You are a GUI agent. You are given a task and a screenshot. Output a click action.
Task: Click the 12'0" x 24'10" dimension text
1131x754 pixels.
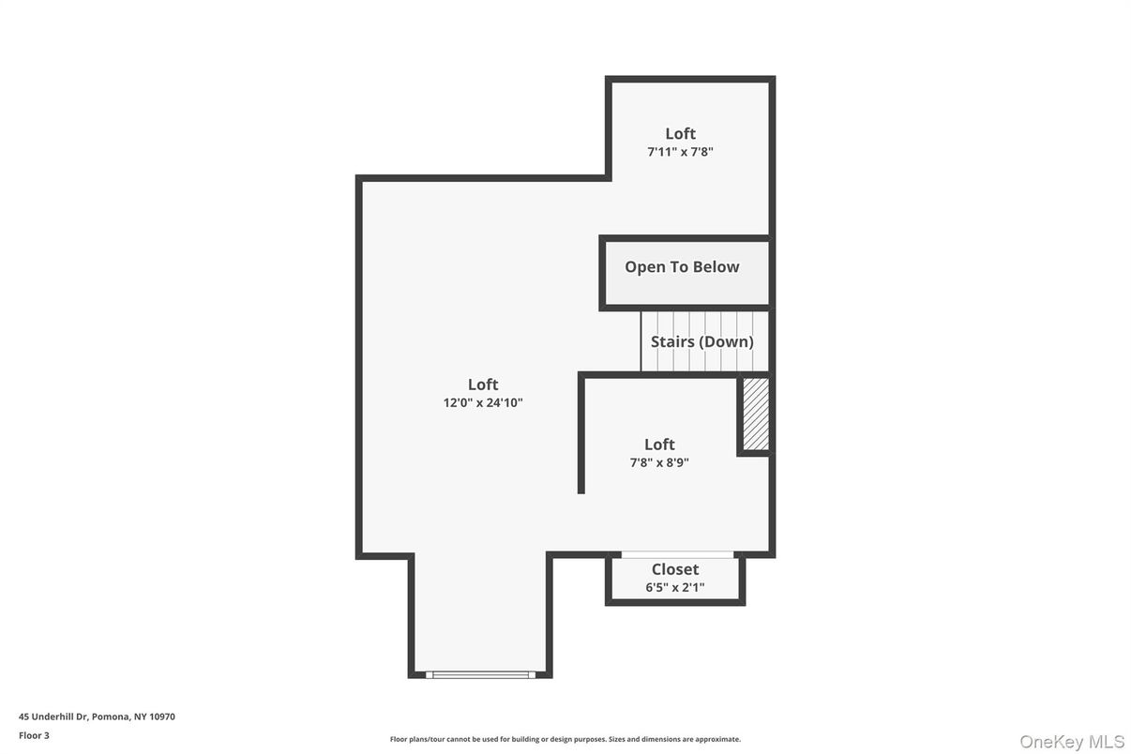click(483, 402)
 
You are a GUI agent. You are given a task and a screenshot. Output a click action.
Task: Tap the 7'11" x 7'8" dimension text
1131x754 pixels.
click(680, 152)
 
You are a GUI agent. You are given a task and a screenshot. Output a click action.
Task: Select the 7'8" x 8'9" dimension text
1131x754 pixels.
click(659, 462)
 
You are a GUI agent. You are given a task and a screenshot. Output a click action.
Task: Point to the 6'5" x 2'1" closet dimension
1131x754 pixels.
click(675, 587)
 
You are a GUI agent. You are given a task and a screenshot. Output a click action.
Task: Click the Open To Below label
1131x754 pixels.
click(682, 266)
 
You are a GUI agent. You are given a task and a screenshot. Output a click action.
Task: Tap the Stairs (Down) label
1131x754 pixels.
click(701, 342)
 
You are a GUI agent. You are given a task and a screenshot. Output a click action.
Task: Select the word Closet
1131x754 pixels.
click(675, 569)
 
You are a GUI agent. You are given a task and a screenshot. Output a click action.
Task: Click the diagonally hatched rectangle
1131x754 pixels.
click(756, 415)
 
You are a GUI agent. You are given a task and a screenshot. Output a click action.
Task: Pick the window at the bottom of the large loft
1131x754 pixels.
click(480, 674)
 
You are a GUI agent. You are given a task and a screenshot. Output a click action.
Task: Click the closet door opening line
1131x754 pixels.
click(677, 554)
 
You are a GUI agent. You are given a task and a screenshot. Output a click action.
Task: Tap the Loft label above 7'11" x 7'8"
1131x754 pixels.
click(680, 133)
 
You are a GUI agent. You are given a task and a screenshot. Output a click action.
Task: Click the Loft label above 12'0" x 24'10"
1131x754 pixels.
click(483, 385)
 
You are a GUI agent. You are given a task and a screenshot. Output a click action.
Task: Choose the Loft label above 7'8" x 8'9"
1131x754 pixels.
click(659, 444)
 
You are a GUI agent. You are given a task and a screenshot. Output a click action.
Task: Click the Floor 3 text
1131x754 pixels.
click(34, 735)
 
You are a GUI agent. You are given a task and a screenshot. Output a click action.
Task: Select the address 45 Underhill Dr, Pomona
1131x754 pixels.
click(75, 716)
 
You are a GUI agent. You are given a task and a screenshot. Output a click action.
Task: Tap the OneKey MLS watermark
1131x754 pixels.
click(1072, 742)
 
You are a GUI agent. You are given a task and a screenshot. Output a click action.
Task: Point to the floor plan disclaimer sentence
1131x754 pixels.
click(565, 739)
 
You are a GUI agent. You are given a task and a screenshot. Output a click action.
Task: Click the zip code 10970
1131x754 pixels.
click(161, 716)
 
